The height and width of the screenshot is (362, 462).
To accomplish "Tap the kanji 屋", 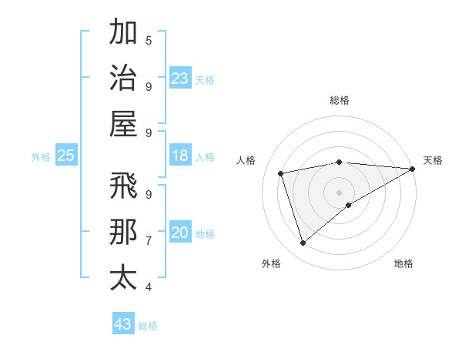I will pyautogui.click(x=123, y=123).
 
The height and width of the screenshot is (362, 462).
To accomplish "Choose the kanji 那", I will pyautogui.click(x=123, y=232).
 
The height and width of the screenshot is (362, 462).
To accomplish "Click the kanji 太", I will pyautogui.click(x=123, y=278).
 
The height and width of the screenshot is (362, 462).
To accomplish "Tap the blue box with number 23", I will pyautogui.click(x=180, y=79).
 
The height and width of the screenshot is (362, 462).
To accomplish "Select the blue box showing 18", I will pyautogui.click(x=180, y=156).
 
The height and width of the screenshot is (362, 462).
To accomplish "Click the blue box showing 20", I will pyautogui.click(x=180, y=233).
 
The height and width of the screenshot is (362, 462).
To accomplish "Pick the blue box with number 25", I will pyautogui.click(x=66, y=156).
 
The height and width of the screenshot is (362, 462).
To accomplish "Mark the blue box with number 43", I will pyautogui.click(x=123, y=324).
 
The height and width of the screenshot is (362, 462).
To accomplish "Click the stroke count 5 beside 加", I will pyautogui.click(x=149, y=40).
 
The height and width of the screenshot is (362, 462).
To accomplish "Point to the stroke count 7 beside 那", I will pyautogui.click(x=149, y=240).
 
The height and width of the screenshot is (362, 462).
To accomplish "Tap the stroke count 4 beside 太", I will pyautogui.click(x=149, y=287).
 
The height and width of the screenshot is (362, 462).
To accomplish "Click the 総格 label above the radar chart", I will pyautogui.click(x=339, y=100).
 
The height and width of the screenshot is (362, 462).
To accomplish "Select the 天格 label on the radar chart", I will pyautogui.click(x=433, y=160).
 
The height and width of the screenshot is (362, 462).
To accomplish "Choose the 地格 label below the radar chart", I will pyautogui.click(x=403, y=263).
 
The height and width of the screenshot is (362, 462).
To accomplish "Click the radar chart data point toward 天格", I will pyautogui.click(x=413, y=169).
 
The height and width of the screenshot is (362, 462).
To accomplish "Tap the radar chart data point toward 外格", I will pyautogui.click(x=303, y=243).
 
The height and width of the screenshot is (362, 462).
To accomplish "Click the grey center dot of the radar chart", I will pyautogui.click(x=339, y=192).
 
